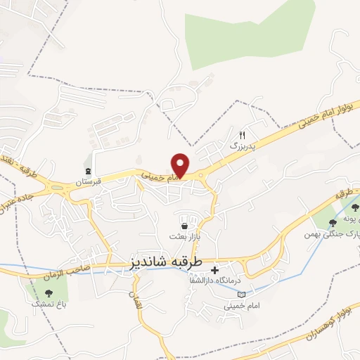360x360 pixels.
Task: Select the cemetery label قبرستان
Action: click(x=91, y=181)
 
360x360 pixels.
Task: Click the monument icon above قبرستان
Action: click(x=88, y=172)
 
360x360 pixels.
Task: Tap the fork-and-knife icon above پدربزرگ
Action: click(x=243, y=135)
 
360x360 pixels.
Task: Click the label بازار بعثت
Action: click(x=186, y=236)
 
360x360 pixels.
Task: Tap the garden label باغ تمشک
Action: click(x=49, y=302)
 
